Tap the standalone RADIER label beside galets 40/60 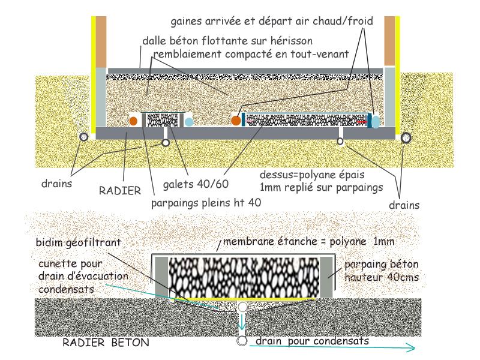[120, 190]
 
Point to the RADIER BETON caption [106, 343]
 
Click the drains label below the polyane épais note [403, 205]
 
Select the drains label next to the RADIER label [56, 184]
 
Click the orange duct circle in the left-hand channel [134, 121]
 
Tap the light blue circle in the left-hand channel [189, 122]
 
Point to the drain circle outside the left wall [83, 137]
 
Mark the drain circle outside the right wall [406, 137]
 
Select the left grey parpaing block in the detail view [161, 277]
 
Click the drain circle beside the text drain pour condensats [242, 341]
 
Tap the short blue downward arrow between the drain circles [242, 325]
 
